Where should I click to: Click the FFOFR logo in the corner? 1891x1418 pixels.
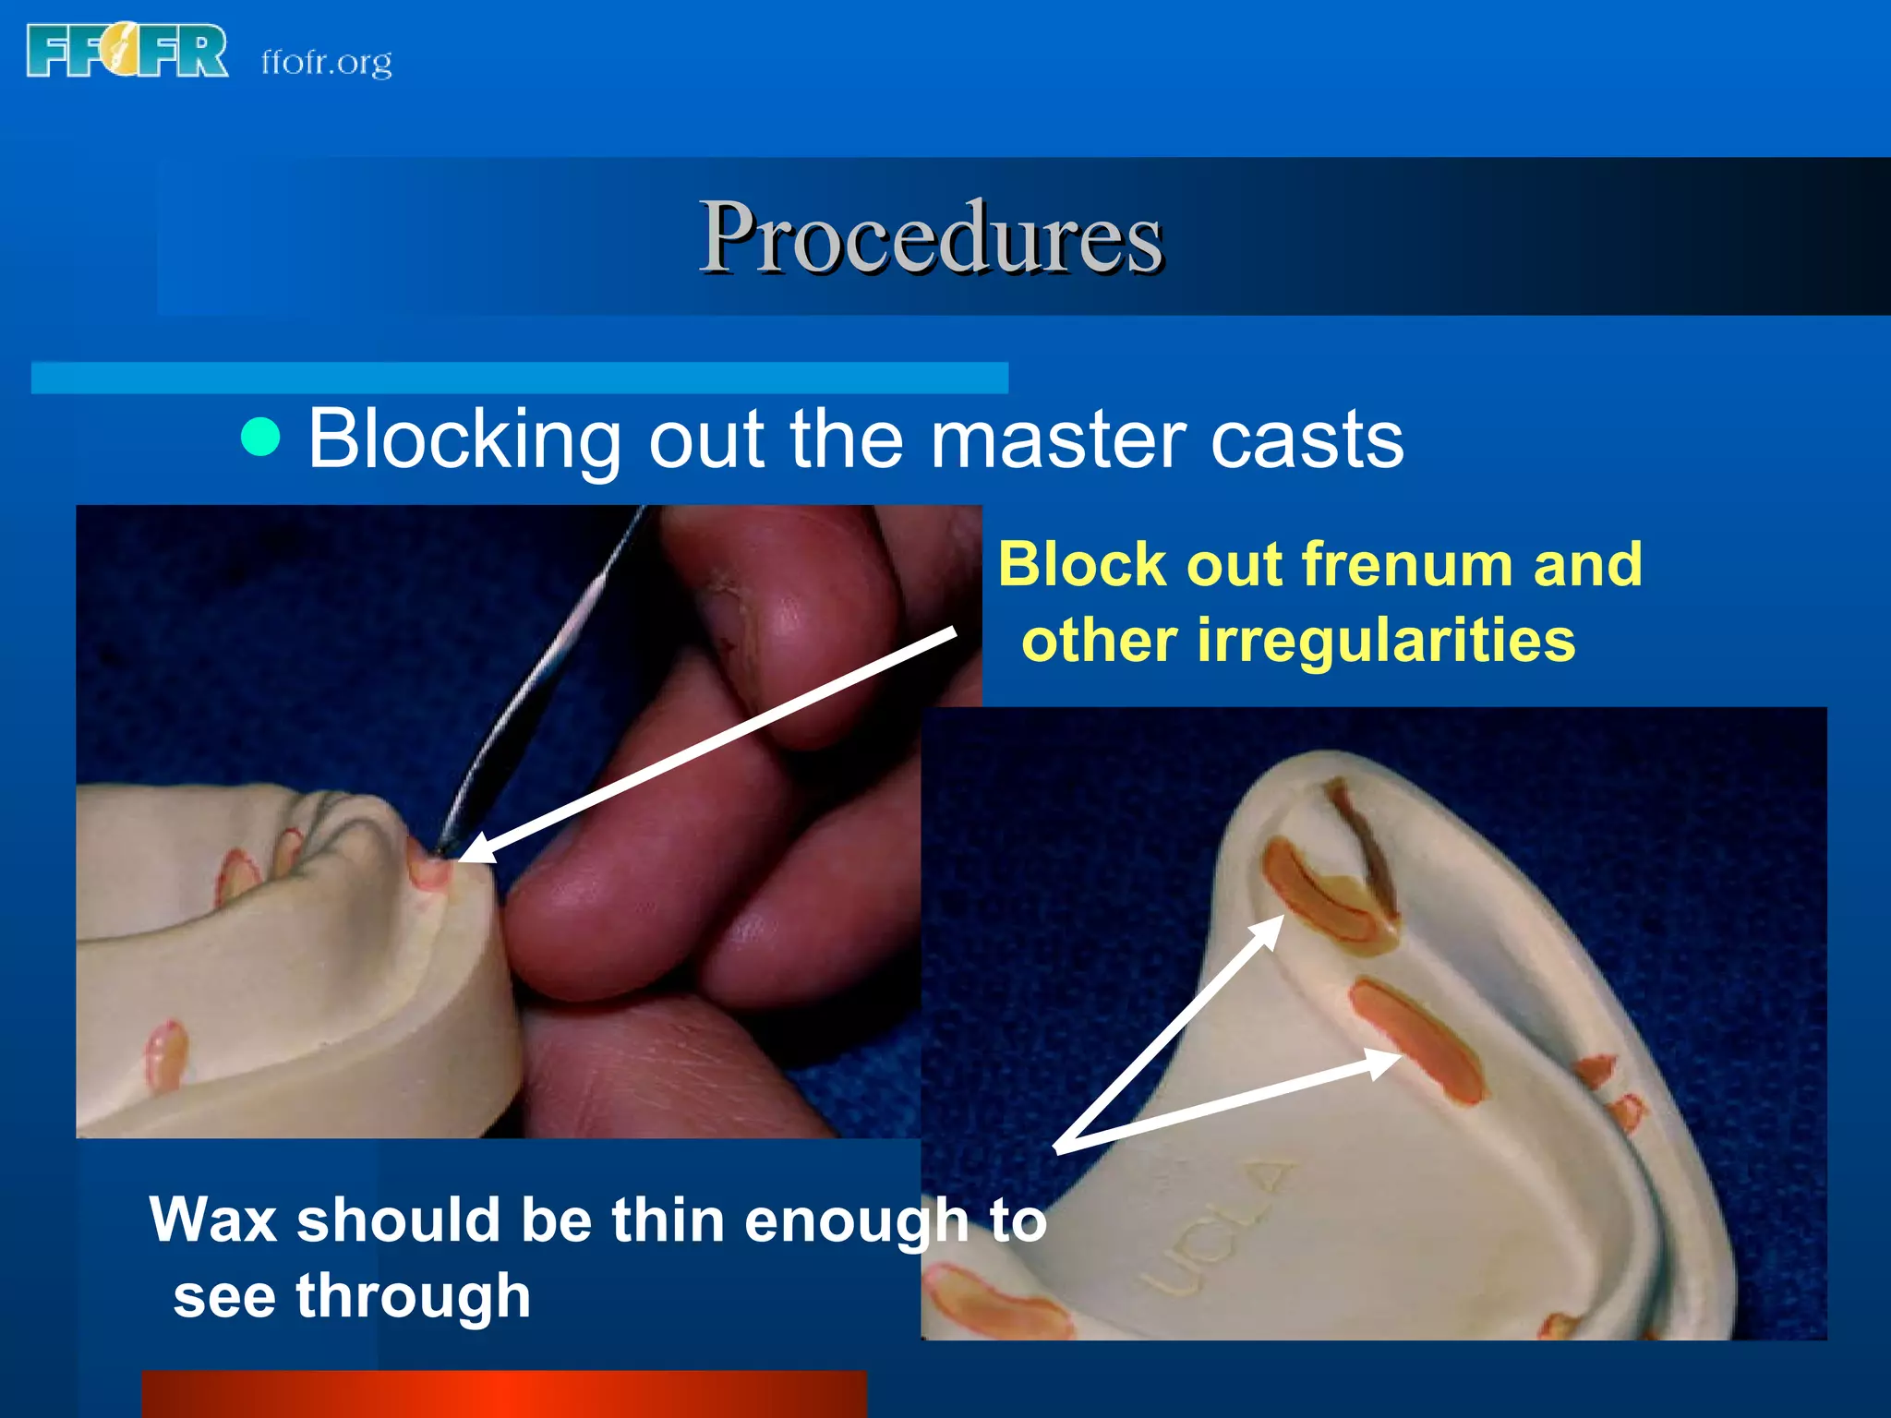pos(127,52)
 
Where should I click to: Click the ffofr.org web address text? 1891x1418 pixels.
pos(326,62)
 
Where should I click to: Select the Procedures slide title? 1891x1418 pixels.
pos(930,237)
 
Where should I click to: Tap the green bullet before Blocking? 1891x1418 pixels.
pos(260,437)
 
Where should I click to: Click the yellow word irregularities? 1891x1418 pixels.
pos(1385,640)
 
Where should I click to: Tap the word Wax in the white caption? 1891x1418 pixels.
pos(213,1220)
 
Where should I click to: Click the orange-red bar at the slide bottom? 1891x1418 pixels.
pos(503,1394)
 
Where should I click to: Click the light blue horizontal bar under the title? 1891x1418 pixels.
pos(519,378)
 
